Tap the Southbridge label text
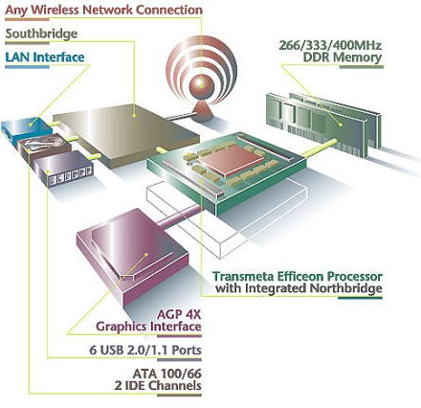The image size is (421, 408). pyautogui.click(x=41, y=34)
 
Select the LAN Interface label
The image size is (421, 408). pyautogui.click(x=45, y=57)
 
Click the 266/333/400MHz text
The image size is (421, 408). pyautogui.click(x=330, y=45)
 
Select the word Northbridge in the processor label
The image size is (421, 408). pyautogui.click(x=346, y=288)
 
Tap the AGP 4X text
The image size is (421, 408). pyautogui.click(x=179, y=315)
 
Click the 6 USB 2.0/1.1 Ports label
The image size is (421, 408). pyautogui.click(x=145, y=350)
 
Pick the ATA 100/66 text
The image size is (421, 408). pyautogui.click(x=167, y=374)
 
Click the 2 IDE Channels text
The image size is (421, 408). pyautogui.click(x=158, y=386)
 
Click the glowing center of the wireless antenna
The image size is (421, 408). pyautogui.click(x=201, y=84)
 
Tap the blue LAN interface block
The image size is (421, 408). pyautogui.click(x=27, y=128)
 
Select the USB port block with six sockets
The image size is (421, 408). pyautogui.click(x=65, y=169)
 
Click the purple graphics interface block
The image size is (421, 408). pyautogui.click(x=132, y=256)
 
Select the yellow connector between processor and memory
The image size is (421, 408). pyautogui.click(x=319, y=147)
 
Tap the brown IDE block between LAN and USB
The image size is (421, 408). pyautogui.click(x=45, y=147)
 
